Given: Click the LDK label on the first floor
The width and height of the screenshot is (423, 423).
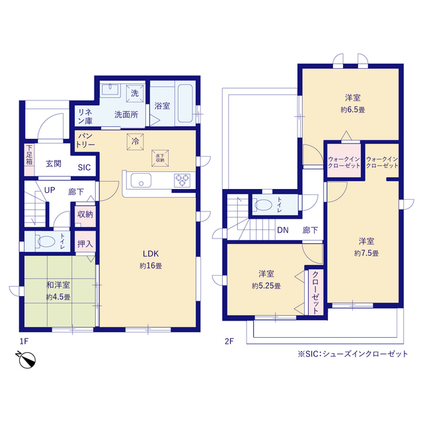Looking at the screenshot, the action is pyautogui.click(x=151, y=254).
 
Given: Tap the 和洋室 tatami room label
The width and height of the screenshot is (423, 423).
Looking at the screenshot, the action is pyautogui.click(x=58, y=285).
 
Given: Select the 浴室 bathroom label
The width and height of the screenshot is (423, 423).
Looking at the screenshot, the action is pyautogui.click(x=162, y=106).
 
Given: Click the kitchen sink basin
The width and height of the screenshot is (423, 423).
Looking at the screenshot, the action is pyautogui.click(x=141, y=180).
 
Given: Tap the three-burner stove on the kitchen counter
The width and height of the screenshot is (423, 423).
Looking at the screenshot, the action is pyautogui.click(x=182, y=180).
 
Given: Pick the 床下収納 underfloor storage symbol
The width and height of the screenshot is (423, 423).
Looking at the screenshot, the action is pyautogui.click(x=160, y=158).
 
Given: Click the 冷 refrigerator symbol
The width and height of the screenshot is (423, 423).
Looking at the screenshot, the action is pyautogui.click(x=135, y=141).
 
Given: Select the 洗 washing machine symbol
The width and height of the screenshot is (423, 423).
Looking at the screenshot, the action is pyautogui.click(x=135, y=94).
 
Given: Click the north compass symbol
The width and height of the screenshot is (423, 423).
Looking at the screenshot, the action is pyautogui.click(x=26, y=360).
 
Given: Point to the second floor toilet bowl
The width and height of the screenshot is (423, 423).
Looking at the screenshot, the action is pyautogui.click(x=263, y=205).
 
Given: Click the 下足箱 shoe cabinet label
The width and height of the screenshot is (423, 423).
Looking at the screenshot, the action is pyautogui.click(x=29, y=155).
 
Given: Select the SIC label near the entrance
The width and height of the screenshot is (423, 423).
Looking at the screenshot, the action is pyautogui.click(x=84, y=167).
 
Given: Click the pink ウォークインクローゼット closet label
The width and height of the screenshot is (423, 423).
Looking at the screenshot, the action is pyautogui.click(x=344, y=163).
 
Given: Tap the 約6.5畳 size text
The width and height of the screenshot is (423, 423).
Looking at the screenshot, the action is pyautogui.click(x=352, y=110).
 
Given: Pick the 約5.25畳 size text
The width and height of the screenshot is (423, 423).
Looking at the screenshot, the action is pyautogui.click(x=266, y=286).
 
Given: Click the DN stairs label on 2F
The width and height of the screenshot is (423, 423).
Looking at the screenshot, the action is pyautogui.click(x=283, y=230).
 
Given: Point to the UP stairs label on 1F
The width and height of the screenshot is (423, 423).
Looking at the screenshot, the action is pyautogui.click(x=50, y=190).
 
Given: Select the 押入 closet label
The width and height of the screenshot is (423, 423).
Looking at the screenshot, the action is pyautogui.click(x=85, y=244).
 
